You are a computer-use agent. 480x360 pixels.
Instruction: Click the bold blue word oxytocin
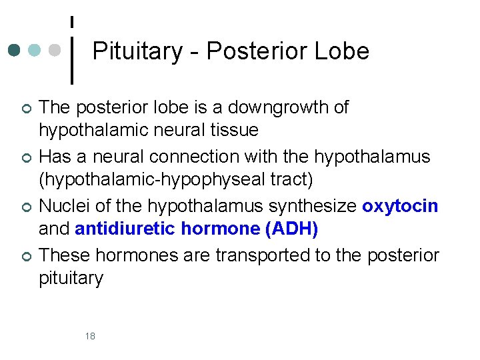click(x=400, y=206)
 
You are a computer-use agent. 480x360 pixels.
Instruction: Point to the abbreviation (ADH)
click(x=291, y=229)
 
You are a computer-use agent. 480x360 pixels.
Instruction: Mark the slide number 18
click(x=90, y=336)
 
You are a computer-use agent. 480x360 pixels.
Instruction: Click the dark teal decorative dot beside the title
click(x=15, y=51)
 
